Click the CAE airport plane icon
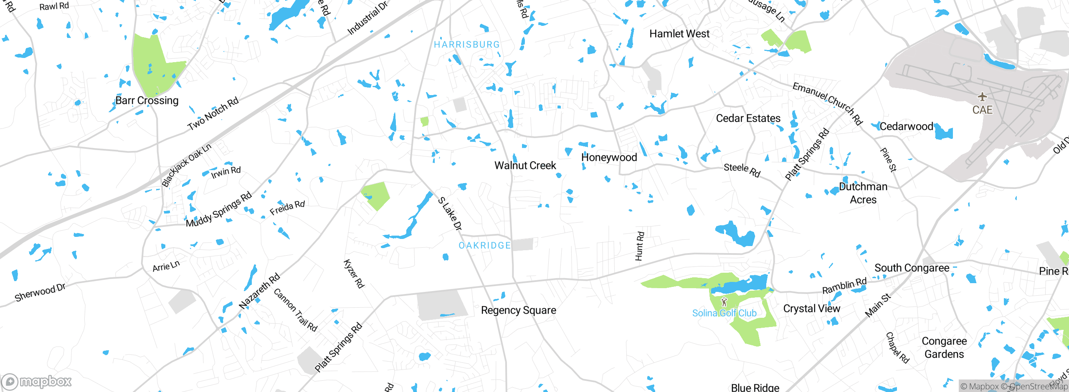pyautogui.click(x=982, y=97)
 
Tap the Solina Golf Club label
pyautogui.click(x=724, y=313)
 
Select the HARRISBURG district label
pyautogui.click(x=466, y=45)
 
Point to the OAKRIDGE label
pyautogui.click(x=484, y=246)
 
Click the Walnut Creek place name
pyautogui.click(x=525, y=166)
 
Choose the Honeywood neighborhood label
pyautogui.click(x=609, y=157)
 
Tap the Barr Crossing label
pyautogui.click(x=147, y=101)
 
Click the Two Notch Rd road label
pyautogui.click(x=213, y=113)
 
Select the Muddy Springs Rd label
pyautogui.click(x=218, y=209)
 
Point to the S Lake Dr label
pyautogui.click(x=450, y=214)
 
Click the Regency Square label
pyautogui.click(x=518, y=310)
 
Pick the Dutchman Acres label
pyautogui.click(x=863, y=193)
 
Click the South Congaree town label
pyautogui.click(x=912, y=268)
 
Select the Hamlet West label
pyautogui.click(x=679, y=34)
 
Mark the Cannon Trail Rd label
pyautogui.click(x=295, y=310)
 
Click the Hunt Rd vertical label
pyautogui.click(x=639, y=246)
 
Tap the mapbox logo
pyautogui.click(x=37, y=381)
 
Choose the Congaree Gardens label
pyautogui.click(x=944, y=347)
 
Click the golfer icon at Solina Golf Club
pyautogui.click(x=724, y=302)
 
